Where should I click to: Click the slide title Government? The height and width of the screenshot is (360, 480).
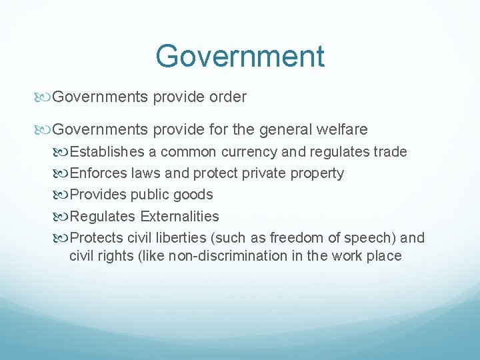(x=240, y=56)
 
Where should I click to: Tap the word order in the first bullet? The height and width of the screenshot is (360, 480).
(x=227, y=97)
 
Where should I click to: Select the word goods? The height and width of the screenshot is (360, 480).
(x=193, y=195)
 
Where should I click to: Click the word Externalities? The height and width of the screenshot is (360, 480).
(x=179, y=216)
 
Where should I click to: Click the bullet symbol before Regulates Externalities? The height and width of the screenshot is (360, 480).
(x=63, y=217)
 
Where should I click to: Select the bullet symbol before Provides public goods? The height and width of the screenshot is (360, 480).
(x=63, y=195)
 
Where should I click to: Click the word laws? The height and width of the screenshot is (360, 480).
(x=146, y=173)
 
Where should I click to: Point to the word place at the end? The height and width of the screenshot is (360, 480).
(x=383, y=256)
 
